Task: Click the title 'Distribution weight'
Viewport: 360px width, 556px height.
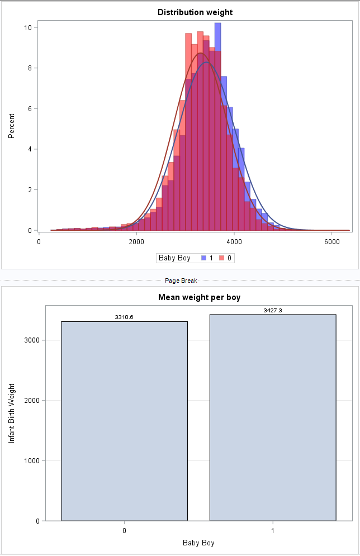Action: click(195, 12)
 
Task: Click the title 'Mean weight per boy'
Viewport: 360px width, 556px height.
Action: click(199, 297)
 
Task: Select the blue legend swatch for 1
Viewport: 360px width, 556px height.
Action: click(204, 258)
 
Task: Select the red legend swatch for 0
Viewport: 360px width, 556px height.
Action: click(221, 258)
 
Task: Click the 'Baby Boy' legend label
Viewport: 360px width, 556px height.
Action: click(174, 258)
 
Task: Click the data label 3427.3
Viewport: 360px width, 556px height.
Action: click(273, 310)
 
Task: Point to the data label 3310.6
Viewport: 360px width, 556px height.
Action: click(124, 317)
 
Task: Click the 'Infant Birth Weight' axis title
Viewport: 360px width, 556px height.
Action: click(11, 413)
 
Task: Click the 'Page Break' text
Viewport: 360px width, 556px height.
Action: click(180, 281)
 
